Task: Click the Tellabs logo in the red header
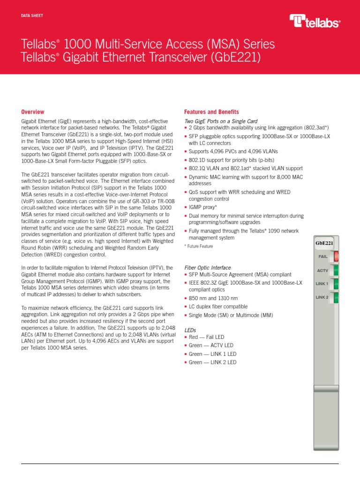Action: point(315,21)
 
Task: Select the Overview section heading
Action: point(33,112)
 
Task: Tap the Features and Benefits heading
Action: point(211,112)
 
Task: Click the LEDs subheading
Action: point(190,330)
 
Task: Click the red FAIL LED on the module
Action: point(336,256)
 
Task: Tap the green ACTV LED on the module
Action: point(336,270)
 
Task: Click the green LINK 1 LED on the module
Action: point(336,284)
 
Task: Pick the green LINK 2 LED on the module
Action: point(336,298)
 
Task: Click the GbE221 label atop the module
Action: point(324,243)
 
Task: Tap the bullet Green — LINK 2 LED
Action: point(212,362)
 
